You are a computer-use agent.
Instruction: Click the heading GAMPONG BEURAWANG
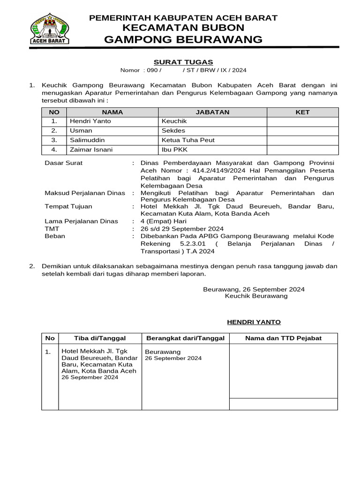tap(183, 39)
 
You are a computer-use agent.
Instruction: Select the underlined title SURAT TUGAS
tap(183, 62)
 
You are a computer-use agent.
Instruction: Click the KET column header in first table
tap(302, 112)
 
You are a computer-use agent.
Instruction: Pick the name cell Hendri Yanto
tap(90, 121)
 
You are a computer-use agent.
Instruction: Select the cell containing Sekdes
tap(173, 131)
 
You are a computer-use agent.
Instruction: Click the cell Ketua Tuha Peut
tap(187, 140)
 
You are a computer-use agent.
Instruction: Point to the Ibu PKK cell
tap(174, 150)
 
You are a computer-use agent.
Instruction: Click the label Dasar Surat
tap(63, 163)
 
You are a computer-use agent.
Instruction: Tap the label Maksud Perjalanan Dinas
tap(84, 193)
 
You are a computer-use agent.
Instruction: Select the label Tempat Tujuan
tap(68, 206)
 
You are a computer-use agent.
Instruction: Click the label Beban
tap(54, 236)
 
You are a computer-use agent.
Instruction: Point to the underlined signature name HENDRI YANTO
tap(254, 322)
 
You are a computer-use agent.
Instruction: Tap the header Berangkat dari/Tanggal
tap(185, 338)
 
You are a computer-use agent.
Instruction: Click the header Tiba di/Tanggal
tap(99, 338)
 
